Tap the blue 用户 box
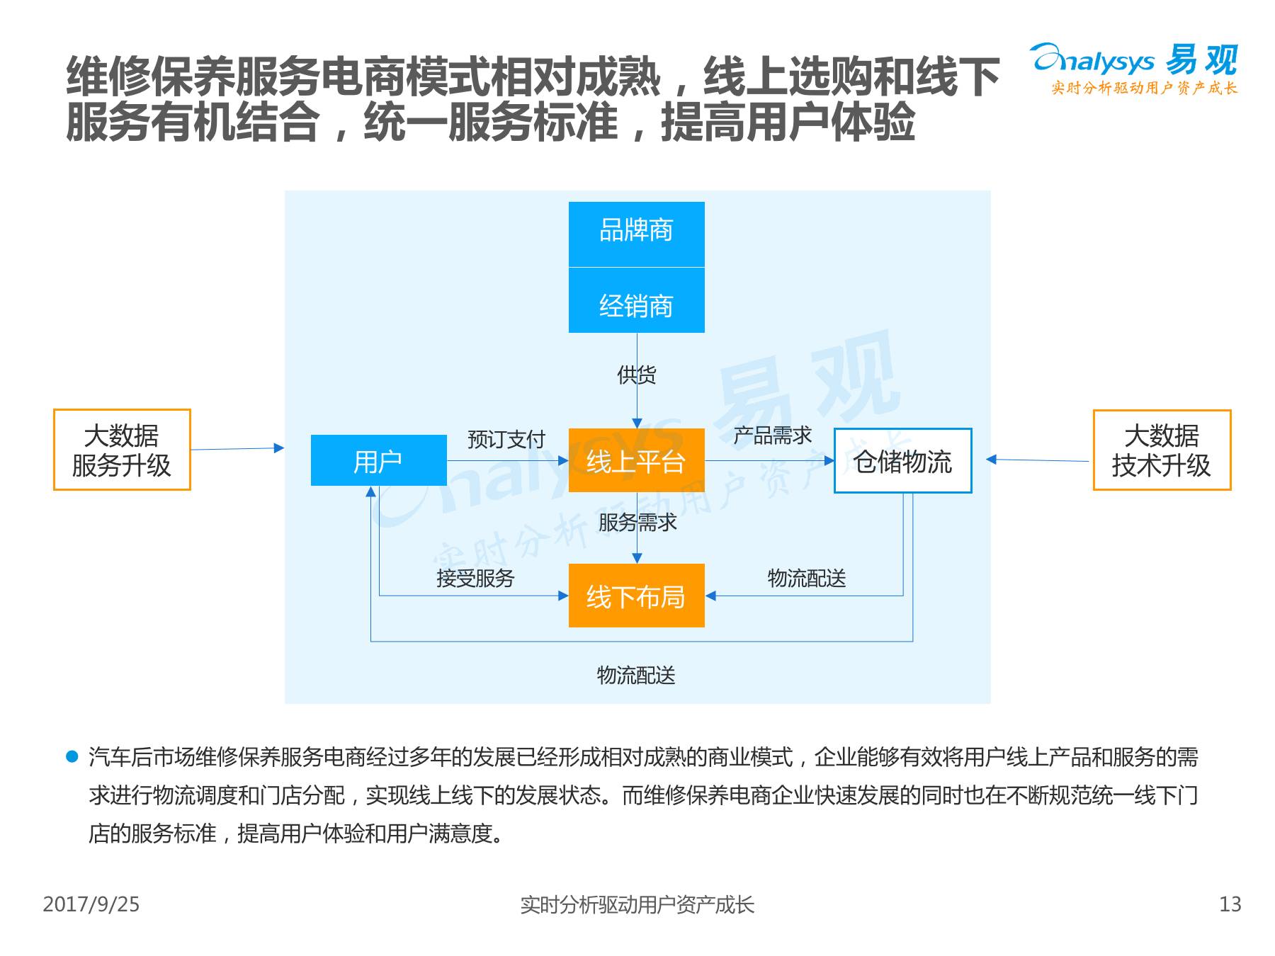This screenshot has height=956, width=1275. (378, 460)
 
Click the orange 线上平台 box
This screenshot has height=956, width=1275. (636, 460)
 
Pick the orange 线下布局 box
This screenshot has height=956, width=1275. (636, 596)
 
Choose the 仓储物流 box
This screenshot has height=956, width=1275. (902, 460)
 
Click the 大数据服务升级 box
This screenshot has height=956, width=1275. (122, 450)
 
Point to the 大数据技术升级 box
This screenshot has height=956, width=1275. (1162, 450)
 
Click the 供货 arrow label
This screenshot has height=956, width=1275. (637, 375)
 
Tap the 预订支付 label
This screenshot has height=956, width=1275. (506, 439)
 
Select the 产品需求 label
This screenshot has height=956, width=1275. (772, 435)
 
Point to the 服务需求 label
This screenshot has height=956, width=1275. (637, 522)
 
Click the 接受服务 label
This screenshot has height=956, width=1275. (475, 578)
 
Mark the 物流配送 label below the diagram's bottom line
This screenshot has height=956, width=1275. (636, 675)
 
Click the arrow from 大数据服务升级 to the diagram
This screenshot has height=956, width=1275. (237, 448)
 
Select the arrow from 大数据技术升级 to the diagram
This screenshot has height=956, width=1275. (1038, 460)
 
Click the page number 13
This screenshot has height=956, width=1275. (1230, 904)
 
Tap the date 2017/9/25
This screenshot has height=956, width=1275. (91, 904)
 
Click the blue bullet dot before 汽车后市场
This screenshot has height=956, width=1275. (72, 756)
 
